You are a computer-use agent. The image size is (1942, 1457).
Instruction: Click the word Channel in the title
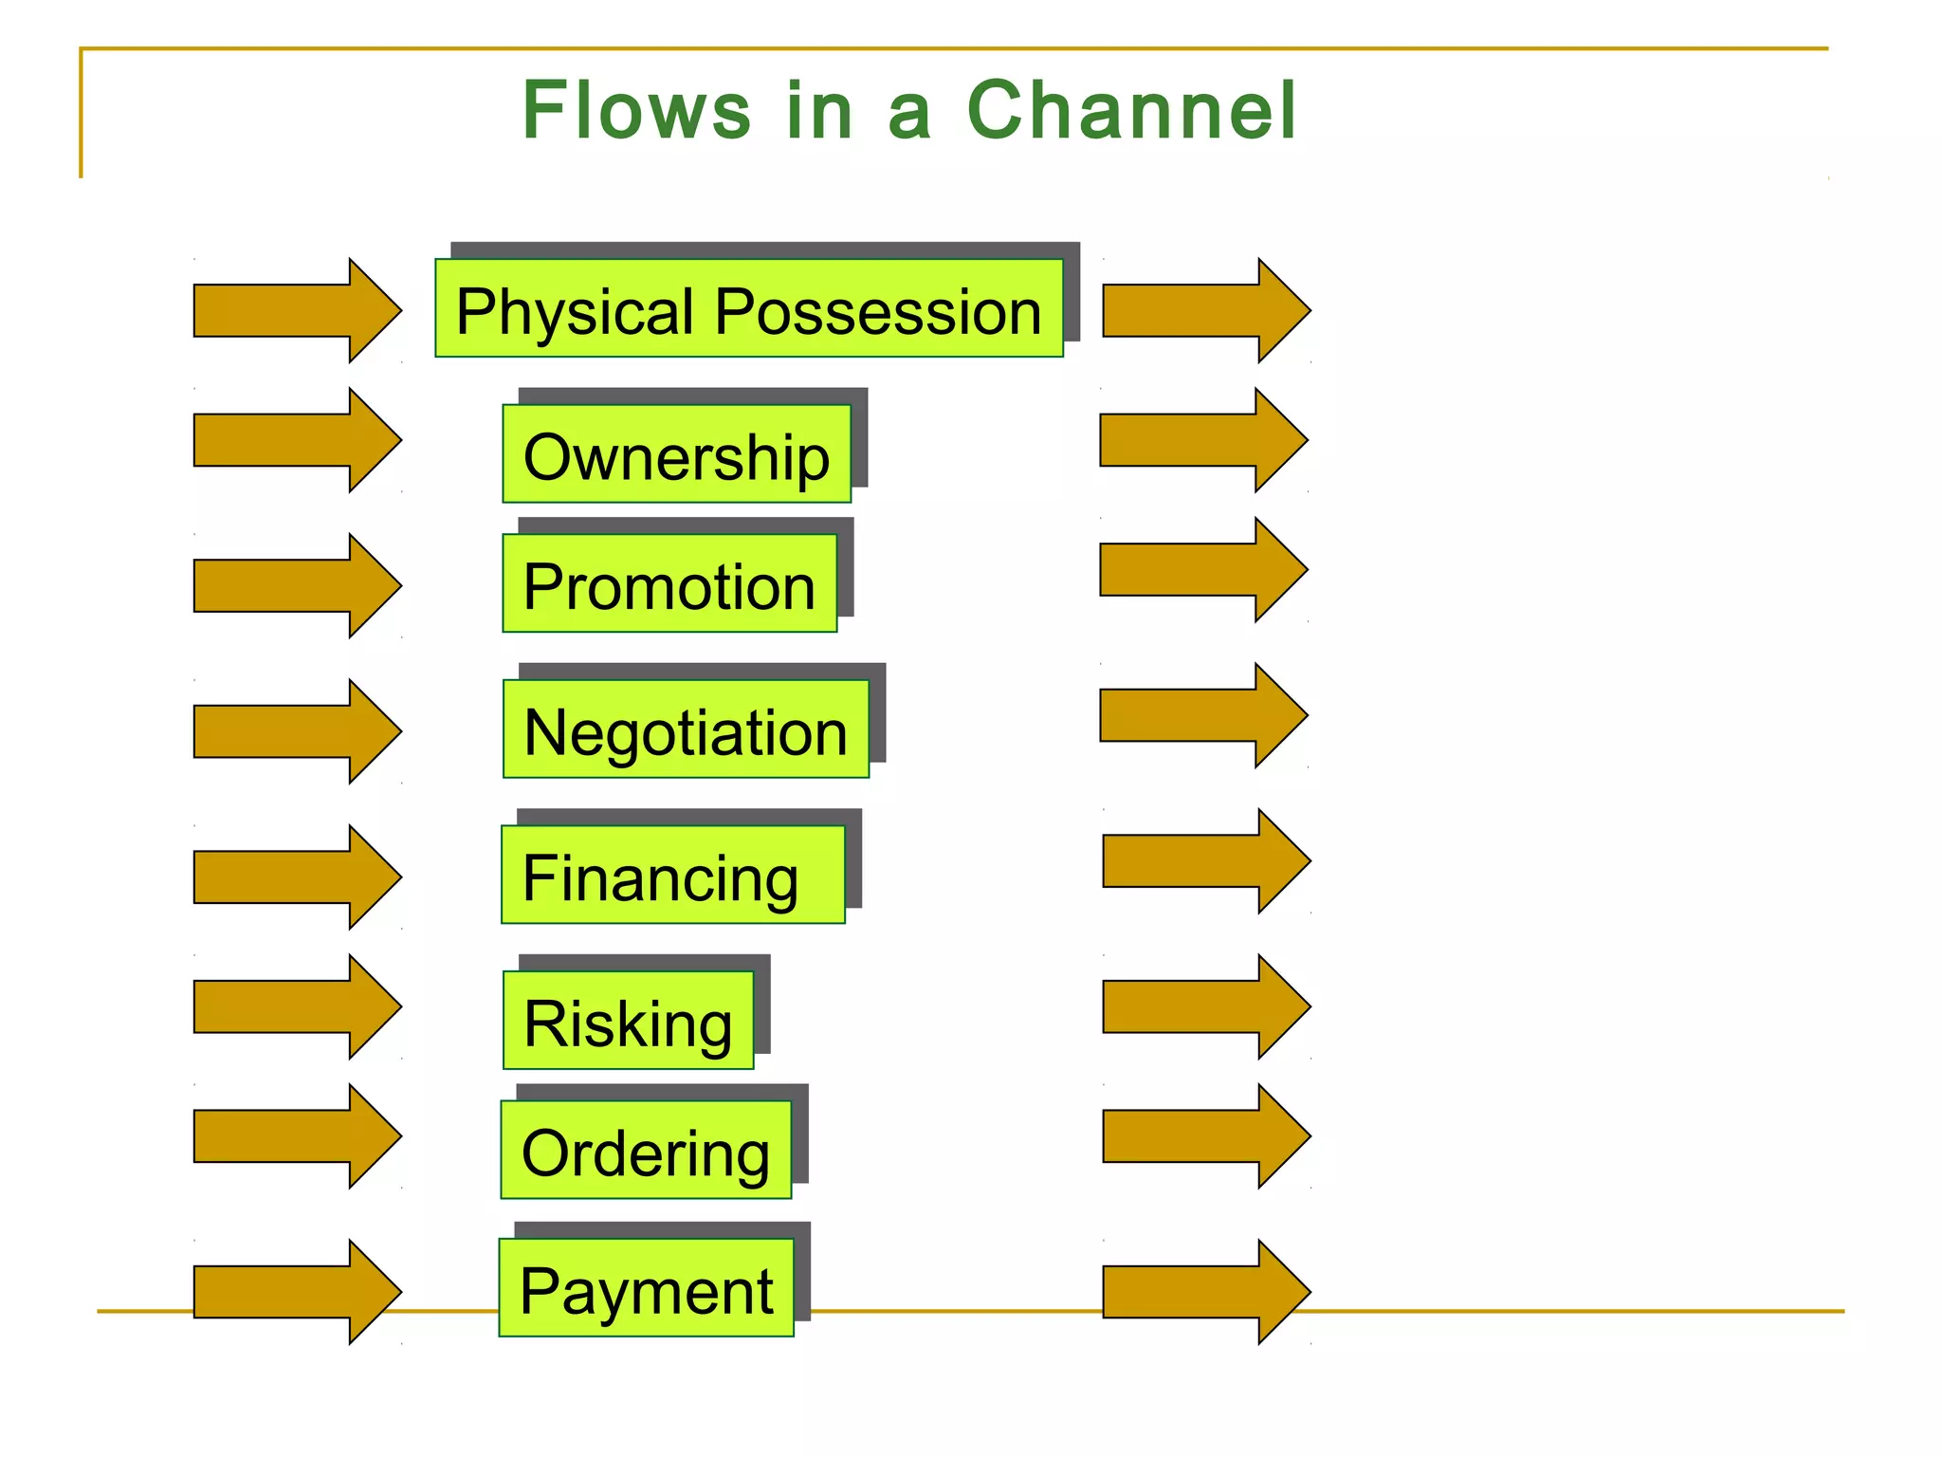[x=1130, y=111]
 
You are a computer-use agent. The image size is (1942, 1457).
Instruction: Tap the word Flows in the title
[x=636, y=111]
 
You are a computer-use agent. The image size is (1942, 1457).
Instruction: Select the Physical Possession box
[x=748, y=309]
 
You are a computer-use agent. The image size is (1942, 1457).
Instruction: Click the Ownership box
[x=676, y=454]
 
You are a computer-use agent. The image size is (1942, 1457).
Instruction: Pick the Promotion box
[x=669, y=584]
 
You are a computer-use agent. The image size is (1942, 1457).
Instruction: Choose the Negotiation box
[x=686, y=729]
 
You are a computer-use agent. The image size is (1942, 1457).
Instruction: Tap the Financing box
[x=672, y=876]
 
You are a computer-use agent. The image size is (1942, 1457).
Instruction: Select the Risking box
[x=628, y=1021]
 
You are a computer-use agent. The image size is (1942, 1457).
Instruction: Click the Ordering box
[x=646, y=1151]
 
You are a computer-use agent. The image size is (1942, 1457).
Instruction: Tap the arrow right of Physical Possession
[x=1204, y=310]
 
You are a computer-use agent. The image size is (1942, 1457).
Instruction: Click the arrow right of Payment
[x=1204, y=1292]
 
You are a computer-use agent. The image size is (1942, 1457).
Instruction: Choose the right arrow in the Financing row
[x=1204, y=861]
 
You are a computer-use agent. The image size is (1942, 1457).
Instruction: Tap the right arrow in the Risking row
[x=1204, y=1006]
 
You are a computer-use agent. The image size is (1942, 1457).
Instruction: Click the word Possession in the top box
[x=877, y=311]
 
